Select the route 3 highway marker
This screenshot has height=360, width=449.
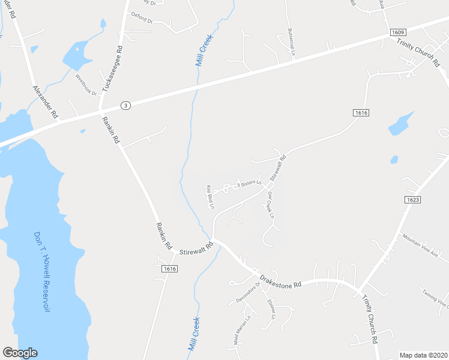coord(124,105)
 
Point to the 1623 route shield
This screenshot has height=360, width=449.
coord(412,199)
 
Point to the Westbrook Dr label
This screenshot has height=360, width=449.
coord(85,85)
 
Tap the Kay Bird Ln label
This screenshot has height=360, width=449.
coord(210,197)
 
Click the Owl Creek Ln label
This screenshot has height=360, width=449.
coord(270,205)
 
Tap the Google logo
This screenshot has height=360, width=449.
coord(20,353)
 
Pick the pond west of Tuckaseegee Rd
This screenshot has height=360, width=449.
coord(77,55)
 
